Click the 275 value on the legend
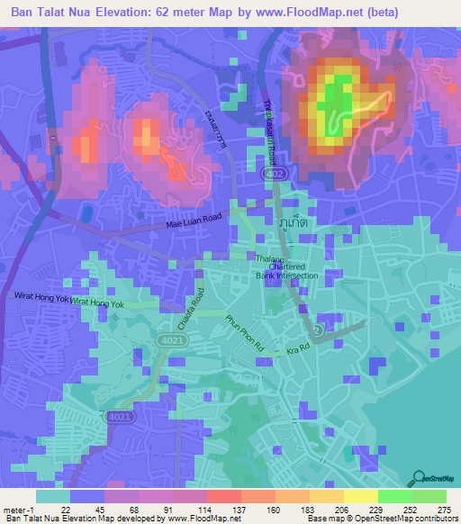point(443,510)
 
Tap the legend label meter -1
point(16,510)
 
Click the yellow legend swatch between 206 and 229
point(361,496)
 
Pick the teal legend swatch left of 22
point(53,496)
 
